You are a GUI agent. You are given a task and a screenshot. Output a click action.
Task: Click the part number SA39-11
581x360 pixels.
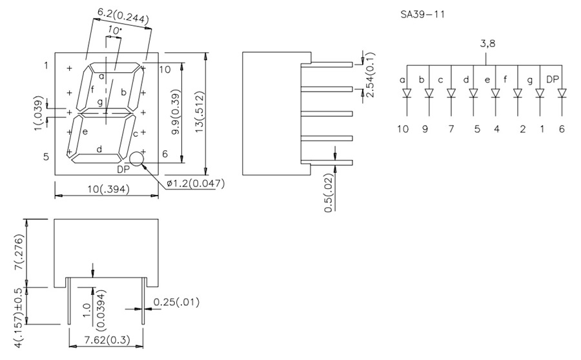pyautogui.click(x=422, y=14)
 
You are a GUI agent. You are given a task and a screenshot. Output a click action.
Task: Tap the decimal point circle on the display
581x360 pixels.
pyautogui.click(x=137, y=159)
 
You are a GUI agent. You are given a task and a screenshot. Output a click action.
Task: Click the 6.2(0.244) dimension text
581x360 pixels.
pyautogui.click(x=123, y=15)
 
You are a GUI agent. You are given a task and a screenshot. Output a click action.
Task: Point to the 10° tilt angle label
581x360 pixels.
pyautogui.click(x=115, y=30)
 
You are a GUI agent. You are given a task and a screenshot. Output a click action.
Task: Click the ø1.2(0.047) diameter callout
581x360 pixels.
pyautogui.click(x=195, y=184)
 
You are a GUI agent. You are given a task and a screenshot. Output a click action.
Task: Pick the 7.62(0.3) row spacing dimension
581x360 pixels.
pyautogui.click(x=107, y=340)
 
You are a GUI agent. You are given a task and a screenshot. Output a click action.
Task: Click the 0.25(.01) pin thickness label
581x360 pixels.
pyautogui.click(x=176, y=301)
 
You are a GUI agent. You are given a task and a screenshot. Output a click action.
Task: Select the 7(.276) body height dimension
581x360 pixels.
pyautogui.click(x=19, y=253)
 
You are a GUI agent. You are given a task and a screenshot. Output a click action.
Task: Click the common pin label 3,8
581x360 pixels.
pyautogui.click(x=488, y=45)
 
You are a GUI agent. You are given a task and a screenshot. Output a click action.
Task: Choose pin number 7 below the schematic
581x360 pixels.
pyautogui.click(x=451, y=128)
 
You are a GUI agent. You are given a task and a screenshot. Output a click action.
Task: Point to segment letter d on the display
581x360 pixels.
pyautogui.click(x=99, y=149)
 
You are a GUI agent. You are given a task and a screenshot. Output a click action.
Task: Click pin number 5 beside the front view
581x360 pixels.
pyautogui.click(x=46, y=157)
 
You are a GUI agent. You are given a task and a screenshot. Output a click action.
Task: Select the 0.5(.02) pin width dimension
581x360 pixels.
pyautogui.click(x=329, y=192)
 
